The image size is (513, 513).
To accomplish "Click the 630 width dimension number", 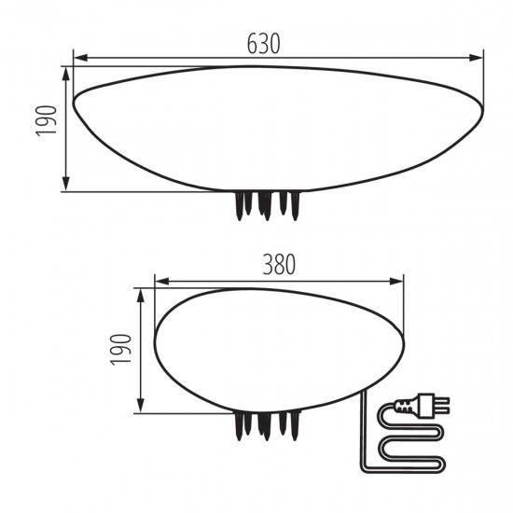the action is point(263,44).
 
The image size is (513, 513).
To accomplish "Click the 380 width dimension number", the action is point(279,264).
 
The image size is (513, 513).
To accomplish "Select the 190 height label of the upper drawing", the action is point(46,120).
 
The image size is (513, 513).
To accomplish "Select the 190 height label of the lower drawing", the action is point(120,350).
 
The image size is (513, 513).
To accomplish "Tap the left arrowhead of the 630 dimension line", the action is point(81,58).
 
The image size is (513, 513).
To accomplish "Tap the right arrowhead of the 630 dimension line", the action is point(476,58).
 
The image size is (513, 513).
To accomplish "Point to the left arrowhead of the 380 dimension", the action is point(162,281).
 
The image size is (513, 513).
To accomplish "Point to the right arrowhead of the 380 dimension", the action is point(396,281).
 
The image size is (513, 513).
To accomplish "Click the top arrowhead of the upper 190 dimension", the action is point(66,74).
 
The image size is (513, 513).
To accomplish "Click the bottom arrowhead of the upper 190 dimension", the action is point(66,184).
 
